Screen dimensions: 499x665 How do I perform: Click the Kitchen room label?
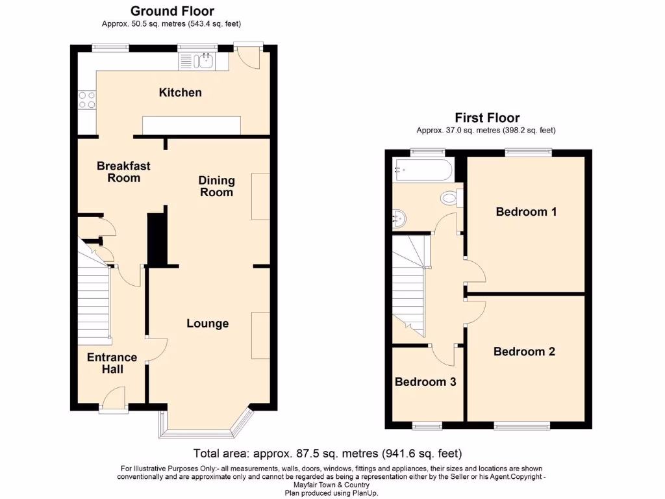click(181, 92)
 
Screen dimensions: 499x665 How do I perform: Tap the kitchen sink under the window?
click(203, 62)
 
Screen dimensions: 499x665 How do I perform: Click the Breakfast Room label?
click(119, 172)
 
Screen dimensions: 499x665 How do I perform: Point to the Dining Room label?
click(217, 186)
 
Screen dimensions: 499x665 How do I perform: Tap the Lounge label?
click(208, 323)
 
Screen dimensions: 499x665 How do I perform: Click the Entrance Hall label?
click(112, 363)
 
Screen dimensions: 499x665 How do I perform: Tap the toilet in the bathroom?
click(449, 197)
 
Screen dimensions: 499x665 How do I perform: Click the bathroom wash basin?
click(401, 218)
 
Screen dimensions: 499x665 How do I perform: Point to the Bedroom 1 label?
click(526, 211)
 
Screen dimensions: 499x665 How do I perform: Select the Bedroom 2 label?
click(524, 352)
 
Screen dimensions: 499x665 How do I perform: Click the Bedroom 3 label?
click(425, 381)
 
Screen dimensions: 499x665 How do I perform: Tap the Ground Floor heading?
click(172, 11)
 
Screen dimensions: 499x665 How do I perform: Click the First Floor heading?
click(486, 118)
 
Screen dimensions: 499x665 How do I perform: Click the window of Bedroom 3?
click(427, 426)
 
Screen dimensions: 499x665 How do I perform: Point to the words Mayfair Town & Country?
click(332, 485)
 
